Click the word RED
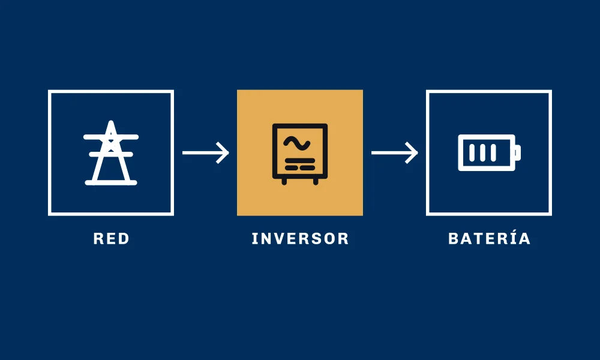112,239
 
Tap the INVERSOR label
300,239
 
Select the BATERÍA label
489,238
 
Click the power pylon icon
111,153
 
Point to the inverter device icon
300,154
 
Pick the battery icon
489,152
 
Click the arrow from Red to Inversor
205,152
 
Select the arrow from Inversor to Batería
395,152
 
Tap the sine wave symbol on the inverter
296,143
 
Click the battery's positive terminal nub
518,152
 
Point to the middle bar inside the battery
482,152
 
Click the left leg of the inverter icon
284,181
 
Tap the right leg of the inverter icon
316,181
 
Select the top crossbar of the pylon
111,137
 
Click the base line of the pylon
111,183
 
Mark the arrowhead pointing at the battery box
412,152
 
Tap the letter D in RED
124,239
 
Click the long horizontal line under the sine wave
300,161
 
